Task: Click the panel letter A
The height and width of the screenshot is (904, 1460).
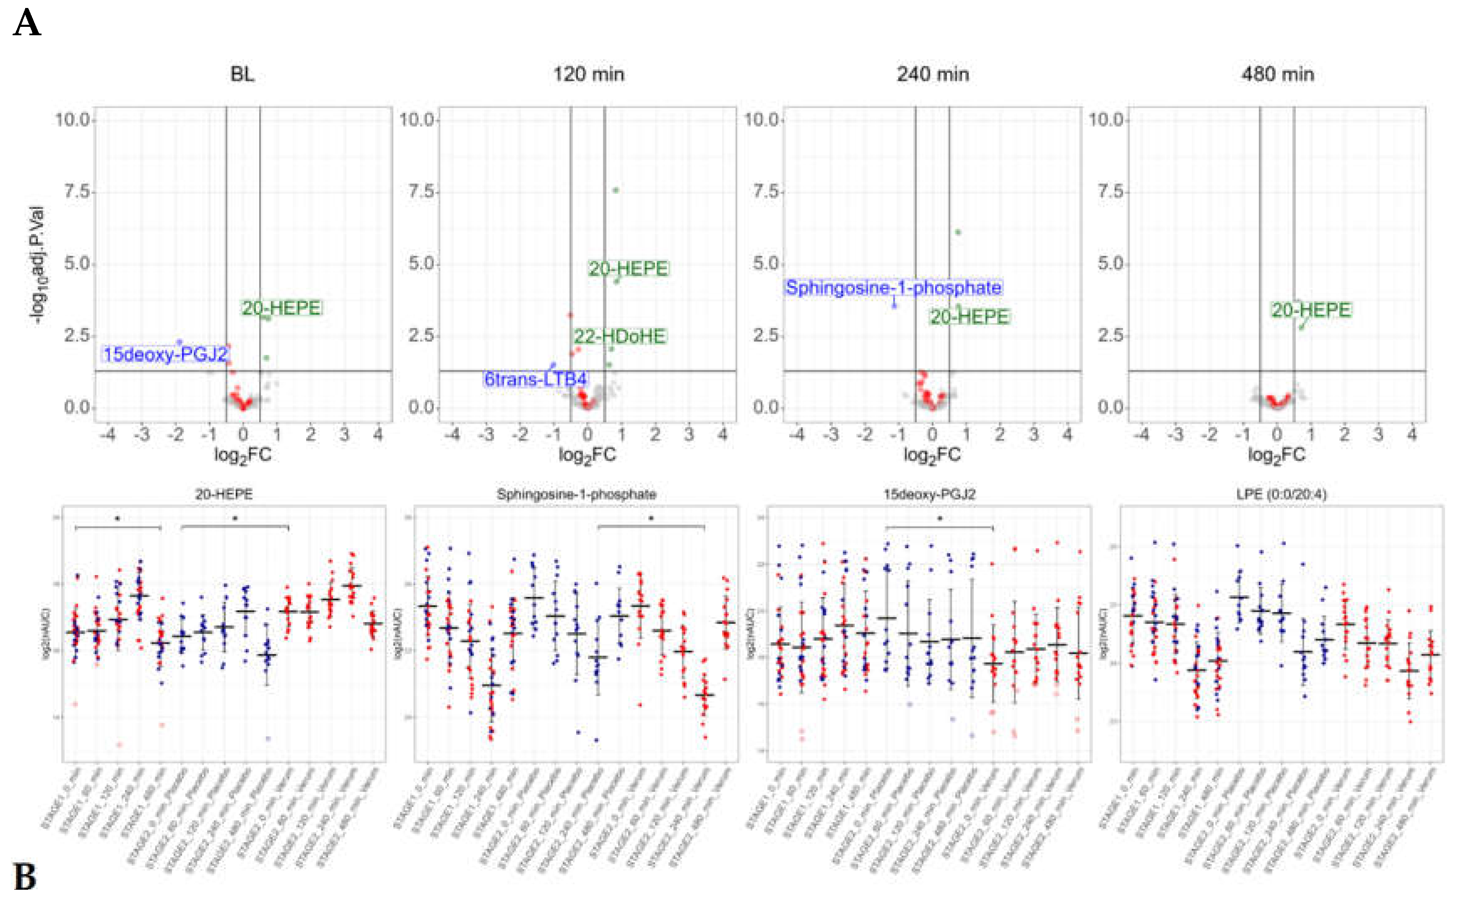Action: click(x=26, y=24)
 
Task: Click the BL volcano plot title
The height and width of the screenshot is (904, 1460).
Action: click(x=242, y=74)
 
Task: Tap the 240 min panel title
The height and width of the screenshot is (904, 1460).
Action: click(x=932, y=74)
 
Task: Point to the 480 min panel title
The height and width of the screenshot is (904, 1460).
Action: click(x=1277, y=74)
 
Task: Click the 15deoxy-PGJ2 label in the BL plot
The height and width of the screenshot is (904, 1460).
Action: click(x=166, y=354)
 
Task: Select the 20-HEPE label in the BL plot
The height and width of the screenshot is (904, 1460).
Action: click(x=281, y=308)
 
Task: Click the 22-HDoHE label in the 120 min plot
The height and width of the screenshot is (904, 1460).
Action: click(x=620, y=336)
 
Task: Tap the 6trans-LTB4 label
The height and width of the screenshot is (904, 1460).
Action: click(x=535, y=379)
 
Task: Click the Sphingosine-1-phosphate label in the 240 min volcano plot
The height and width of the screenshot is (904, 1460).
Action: click(x=893, y=288)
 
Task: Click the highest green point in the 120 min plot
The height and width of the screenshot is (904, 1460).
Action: click(x=616, y=190)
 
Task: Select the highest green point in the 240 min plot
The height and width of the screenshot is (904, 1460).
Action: click(x=958, y=232)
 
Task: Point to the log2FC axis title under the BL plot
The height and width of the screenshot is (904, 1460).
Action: click(x=243, y=456)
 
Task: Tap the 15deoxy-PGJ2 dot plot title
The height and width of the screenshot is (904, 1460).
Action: click(x=929, y=495)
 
